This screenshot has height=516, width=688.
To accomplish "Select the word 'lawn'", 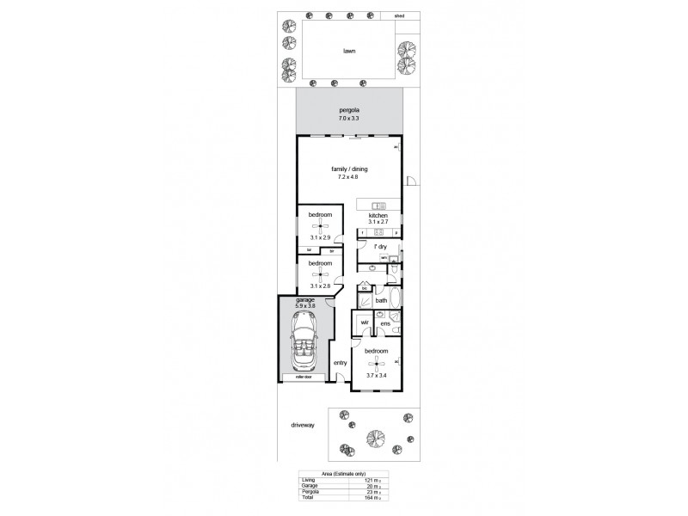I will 349,51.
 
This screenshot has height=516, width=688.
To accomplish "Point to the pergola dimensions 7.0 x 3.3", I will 348,119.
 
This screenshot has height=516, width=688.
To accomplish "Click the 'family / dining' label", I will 349,169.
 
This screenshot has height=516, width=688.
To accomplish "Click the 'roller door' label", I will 302,377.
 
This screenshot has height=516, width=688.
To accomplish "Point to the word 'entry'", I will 340,363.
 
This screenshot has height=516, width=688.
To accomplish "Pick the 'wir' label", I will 365,322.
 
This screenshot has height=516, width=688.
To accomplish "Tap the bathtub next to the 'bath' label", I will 395,298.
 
